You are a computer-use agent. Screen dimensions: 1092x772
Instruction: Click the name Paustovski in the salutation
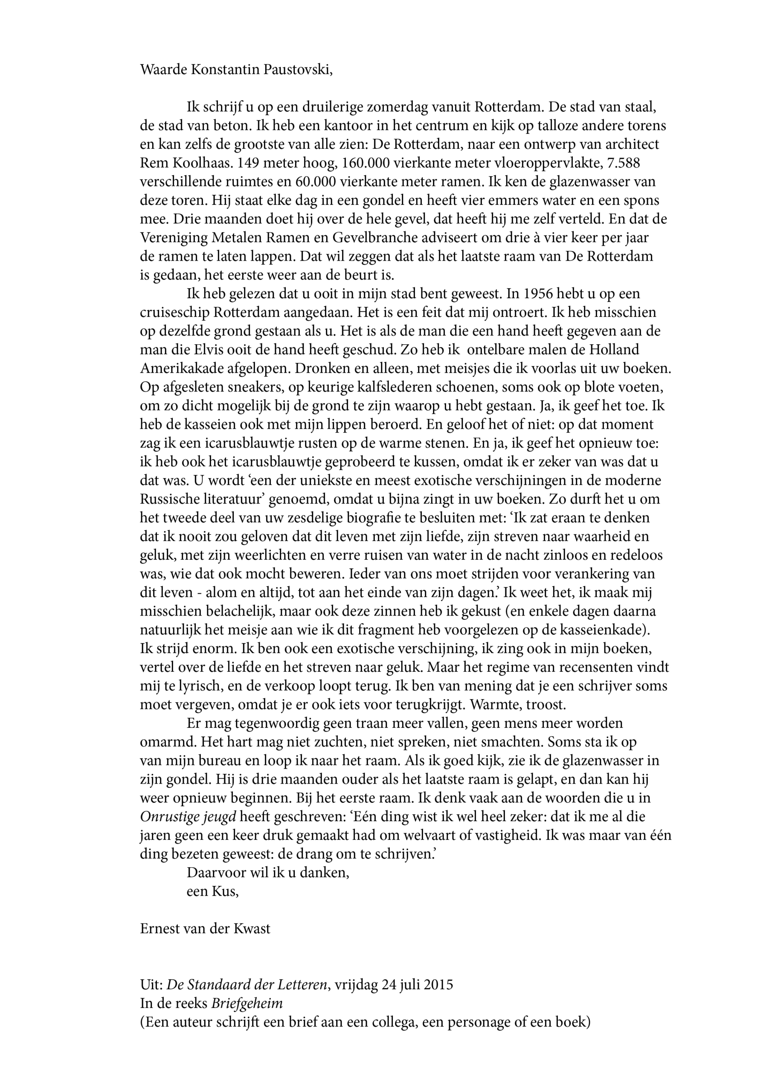pyautogui.click(x=302, y=70)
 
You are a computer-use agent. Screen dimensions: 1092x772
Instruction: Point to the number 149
pyautogui.click(x=249, y=163)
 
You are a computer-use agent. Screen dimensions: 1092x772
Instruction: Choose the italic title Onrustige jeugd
pyautogui.click(x=188, y=816)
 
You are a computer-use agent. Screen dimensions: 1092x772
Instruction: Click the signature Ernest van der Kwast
pyautogui.click(x=205, y=928)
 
